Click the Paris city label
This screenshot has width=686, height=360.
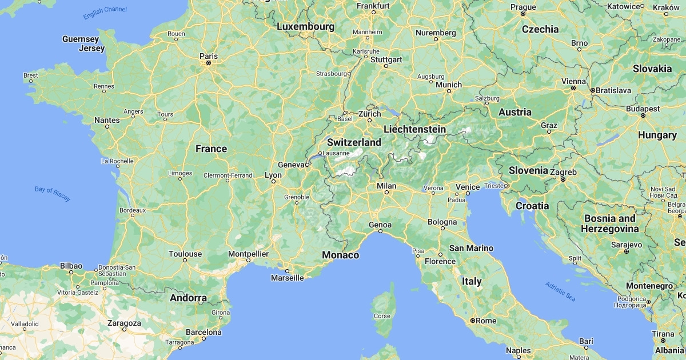pyautogui.click(x=208, y=56)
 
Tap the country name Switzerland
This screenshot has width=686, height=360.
pyautogui.click(x=354, y=142)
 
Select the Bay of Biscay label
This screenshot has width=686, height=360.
pyautogui.click(x=53, y=194)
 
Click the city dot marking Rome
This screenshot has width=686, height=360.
pyautogui.click(x=473, y=321)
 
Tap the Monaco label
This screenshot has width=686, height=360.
pyautogui.click(x=341, y=255)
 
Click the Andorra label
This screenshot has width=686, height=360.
pyautogui.click(x=188, y=298)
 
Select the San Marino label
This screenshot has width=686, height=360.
pyautogui.click(x=471, y=248)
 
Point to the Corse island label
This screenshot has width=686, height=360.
pyautogui.click(x=382, y=316)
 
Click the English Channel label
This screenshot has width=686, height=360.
pyautogui.click(x=105, y=13)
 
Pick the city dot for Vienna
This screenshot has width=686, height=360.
pyautogui.click(x=574, y=89)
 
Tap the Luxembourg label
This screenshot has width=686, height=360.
pyautogui.click(x=305, y=26)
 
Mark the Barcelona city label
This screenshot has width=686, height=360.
pyautogui.click(x=204, y=332)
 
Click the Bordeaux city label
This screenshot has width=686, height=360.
pyautogui.click(x=133, y=210)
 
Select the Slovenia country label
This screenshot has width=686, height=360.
pyautogui.click(x=529, y=170)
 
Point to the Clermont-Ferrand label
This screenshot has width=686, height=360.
pyautogui.click(x=228, y=175)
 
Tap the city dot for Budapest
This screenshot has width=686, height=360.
pyautogui.click(x=643, y=115)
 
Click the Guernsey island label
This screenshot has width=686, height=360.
pyautogui.click(x=81, y=39)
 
